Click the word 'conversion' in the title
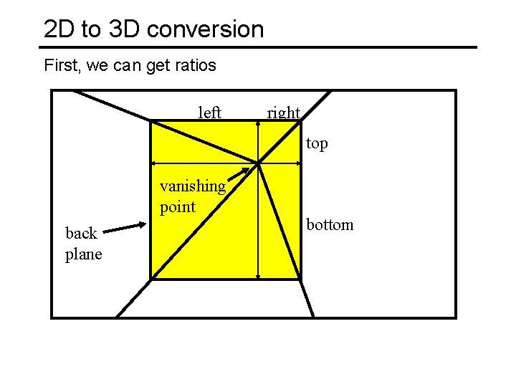pos(216,29)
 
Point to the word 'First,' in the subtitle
pos(61,66)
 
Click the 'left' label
pos(210,113)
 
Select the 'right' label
pos(283,113)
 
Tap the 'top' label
pos(317,143)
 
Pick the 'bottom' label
pos(330,224)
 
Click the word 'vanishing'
pos(193,186)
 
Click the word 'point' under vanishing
pos(177,207)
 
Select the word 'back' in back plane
pos(80,234)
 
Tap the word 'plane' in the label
pos(84,254)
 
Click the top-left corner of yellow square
pos(150,121)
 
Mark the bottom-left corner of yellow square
pos(150,279)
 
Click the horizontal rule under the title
pos(258,47)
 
